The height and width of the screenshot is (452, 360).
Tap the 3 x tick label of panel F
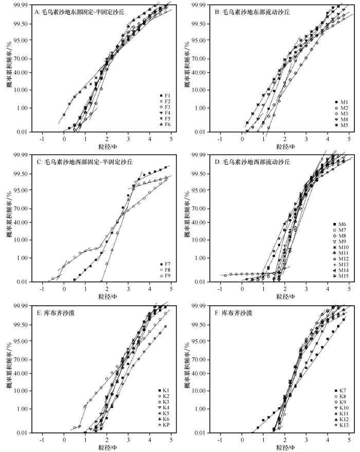(x=307, y=440)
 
